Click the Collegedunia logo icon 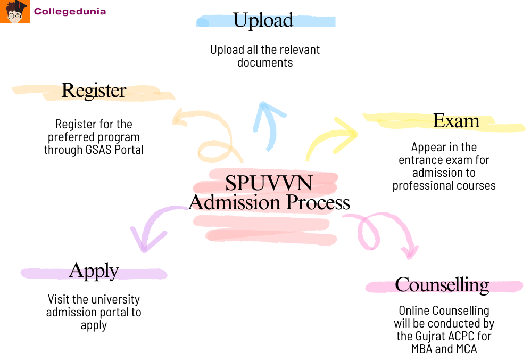point(15,12)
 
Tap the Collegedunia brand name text point(70,11)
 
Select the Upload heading point(263,20)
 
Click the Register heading point(94,91)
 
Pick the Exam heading point(456,121)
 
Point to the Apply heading point(94,271)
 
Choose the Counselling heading point(442,285)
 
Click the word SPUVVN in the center point(268,183)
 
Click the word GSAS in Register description point(99,150)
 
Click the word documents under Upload point(265,62)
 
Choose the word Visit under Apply point(59,299)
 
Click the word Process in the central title point(318,203)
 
